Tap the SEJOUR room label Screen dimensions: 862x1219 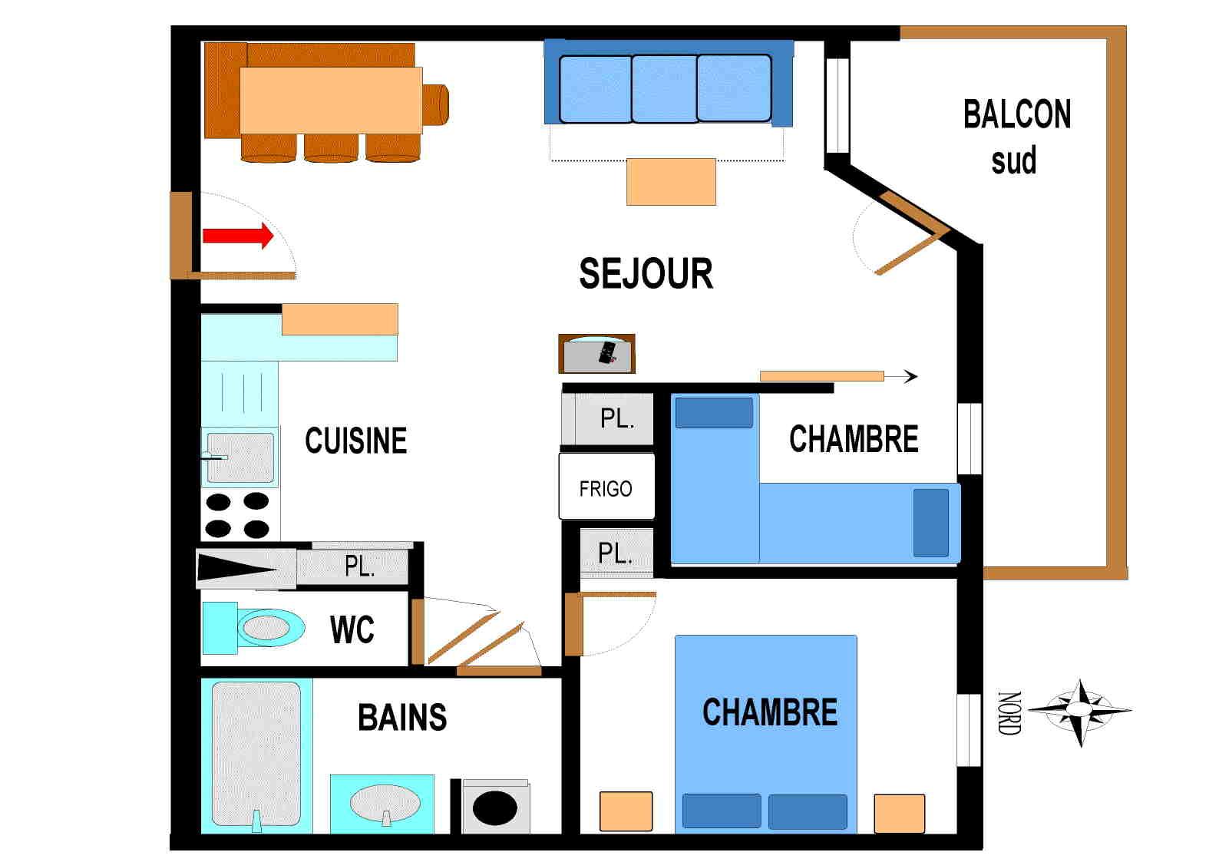[x=646, y=274]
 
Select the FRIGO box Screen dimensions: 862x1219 [x=606, y=487]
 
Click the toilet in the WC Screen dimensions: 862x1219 [x=265, y=627]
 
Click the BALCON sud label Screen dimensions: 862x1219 [x=1016, y=137]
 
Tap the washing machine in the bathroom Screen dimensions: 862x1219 [x=495, y=807]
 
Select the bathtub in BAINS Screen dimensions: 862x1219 [x=256, y=753]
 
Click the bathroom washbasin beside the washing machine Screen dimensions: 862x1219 [x=385, y=804]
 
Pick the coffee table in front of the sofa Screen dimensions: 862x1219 [x=671, y=182]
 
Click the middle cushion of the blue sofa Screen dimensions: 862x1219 [x=664, y=88]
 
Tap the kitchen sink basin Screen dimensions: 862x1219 [x=240, y=457]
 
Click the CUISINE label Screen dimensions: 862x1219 [x=355, y=441]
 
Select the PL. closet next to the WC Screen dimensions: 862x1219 [x=358, y=566]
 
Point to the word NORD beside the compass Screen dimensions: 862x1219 [x=1008, y=713]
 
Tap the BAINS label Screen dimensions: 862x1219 [x=402, y=718]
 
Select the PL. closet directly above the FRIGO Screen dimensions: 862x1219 [x=615, y=418]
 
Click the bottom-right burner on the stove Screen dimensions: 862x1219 [x=256, y=528]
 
